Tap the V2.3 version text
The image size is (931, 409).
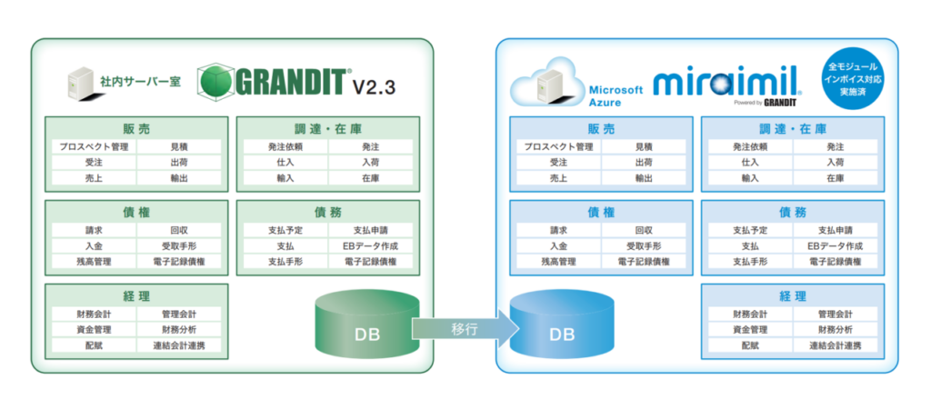tap(373, 86)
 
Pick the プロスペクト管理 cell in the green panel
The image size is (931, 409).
tap(94, 146)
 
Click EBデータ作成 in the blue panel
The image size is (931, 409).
tap(835, 245)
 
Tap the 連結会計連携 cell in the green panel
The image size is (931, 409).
tap(179, 345)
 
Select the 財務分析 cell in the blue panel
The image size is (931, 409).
tap(835, 329)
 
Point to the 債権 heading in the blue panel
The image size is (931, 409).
tap(602, 213)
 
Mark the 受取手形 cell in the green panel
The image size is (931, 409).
tap(179, 245)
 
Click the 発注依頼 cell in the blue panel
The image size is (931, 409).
tap(750, 146)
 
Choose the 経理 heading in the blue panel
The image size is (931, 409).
tap(793, 296)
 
